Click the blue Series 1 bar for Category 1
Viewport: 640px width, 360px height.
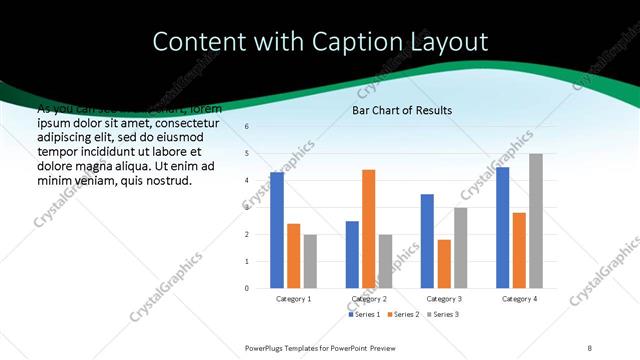point(277,230)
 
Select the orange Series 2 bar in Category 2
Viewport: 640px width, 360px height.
point(368,229)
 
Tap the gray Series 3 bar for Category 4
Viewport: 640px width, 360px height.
point(536,221)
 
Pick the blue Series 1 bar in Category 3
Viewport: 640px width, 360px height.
point(427,241)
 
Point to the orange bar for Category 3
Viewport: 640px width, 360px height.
point(444,264)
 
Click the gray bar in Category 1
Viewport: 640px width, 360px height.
point(310,261)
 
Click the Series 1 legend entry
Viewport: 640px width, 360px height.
point(363,314)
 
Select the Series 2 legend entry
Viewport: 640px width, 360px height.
point(405,314)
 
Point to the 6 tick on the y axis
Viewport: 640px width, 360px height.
point(247,127)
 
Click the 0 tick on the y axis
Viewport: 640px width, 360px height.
point(247,288)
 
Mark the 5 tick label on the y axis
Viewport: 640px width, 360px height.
point(247,154)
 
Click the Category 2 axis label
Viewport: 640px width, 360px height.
point(369,299)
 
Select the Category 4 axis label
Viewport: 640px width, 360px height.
point(519,299)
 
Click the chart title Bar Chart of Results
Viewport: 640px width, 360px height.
point(401,110)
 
